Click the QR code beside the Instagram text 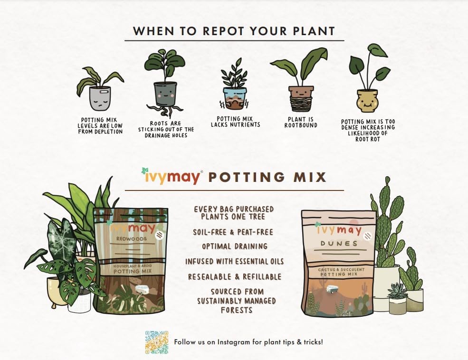tap(157, 342)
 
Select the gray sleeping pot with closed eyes tap(100, 98)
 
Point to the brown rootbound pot tap(301, 97)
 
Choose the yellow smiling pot tap(367, 99)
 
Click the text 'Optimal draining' tap(234, 246)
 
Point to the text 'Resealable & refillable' tap(235, 276)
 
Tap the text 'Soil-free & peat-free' tap(234, 232)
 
